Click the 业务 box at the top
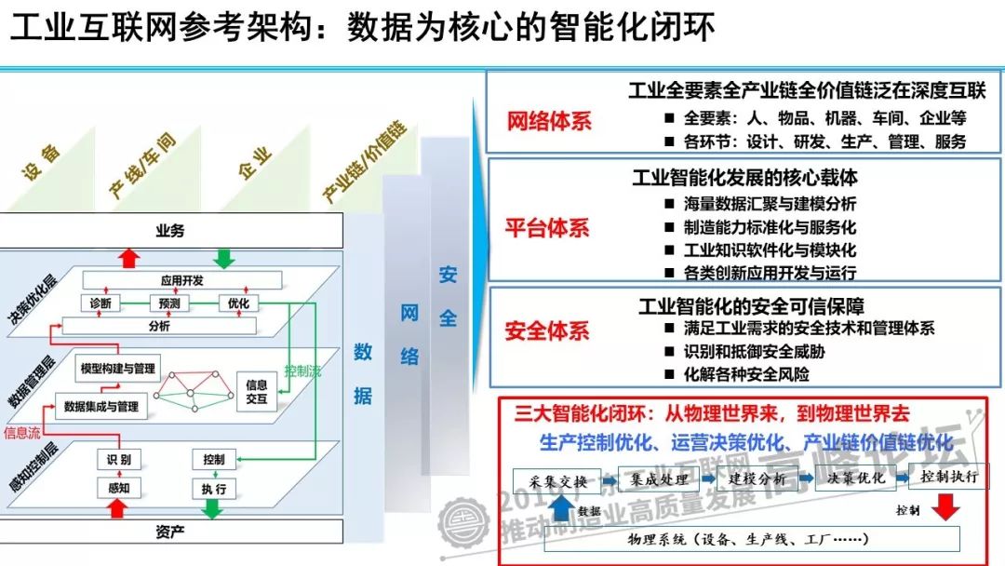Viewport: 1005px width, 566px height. coord(169,230)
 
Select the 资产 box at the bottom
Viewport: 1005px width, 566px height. coord(169,532)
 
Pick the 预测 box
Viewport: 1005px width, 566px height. coord(168,303)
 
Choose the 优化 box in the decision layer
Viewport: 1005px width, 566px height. coord(238,303)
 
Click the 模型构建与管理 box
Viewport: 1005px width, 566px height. coord(118,369)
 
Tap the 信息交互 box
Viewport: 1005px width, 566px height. coord(257,391)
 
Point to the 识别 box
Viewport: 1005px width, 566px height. coord(119,460)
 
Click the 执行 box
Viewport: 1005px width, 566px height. coord(212,489)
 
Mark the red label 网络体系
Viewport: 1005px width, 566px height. coord(548,121)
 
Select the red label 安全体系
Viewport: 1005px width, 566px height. coord(548,330)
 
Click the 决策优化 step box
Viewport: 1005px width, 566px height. coord(851,480)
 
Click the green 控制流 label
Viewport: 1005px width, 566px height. coord(302,371)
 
